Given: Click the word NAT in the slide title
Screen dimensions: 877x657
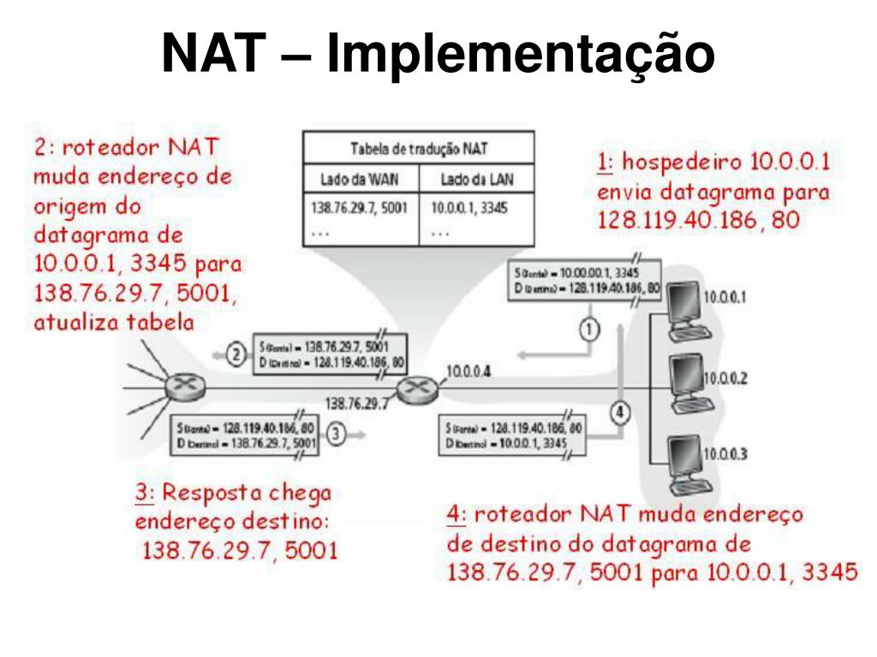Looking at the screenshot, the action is (x=211, y=53).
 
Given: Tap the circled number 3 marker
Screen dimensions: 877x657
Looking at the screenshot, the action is (x=337, y=434).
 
